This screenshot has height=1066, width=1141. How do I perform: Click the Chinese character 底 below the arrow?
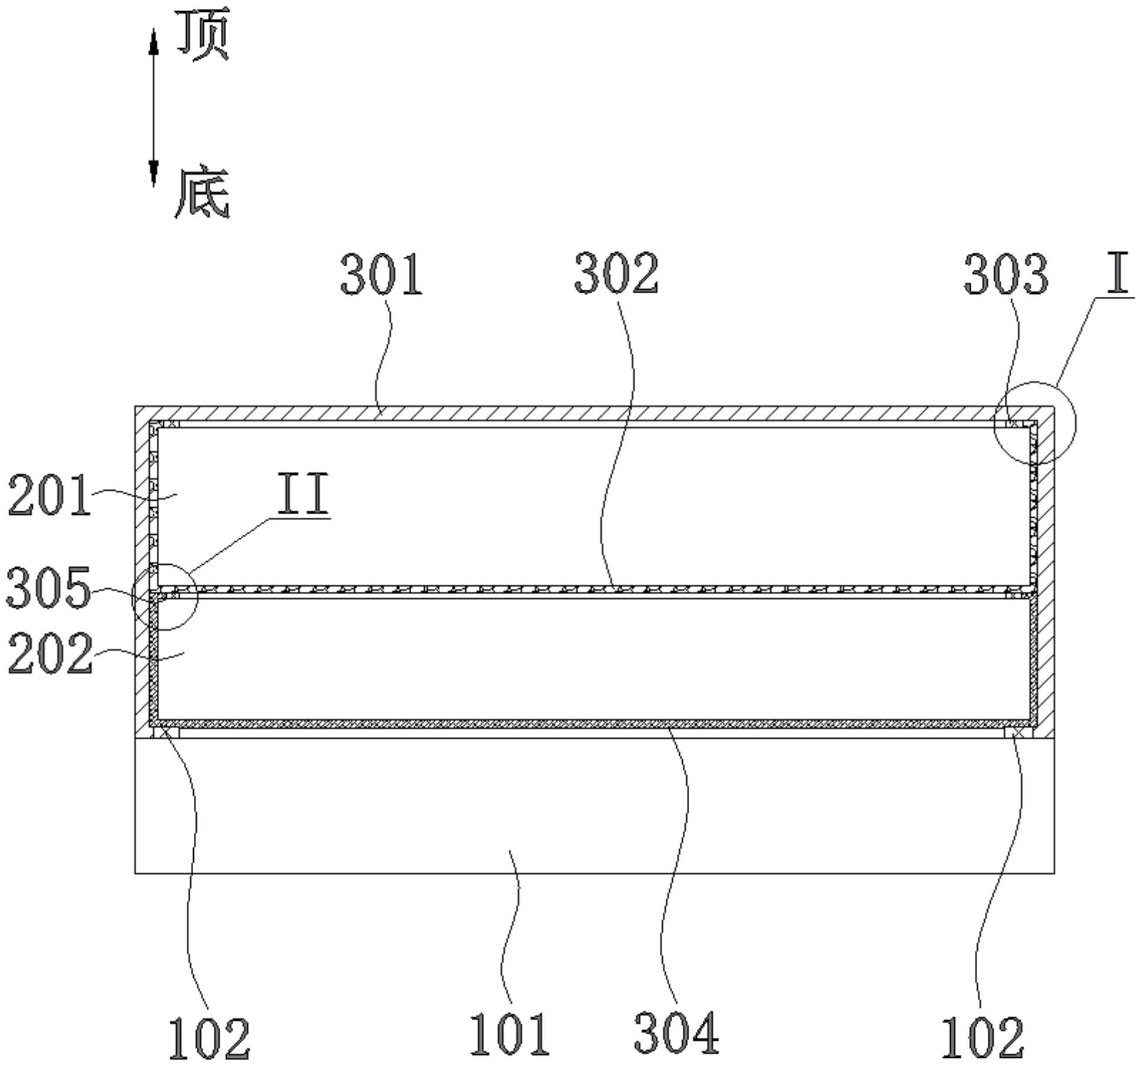[x=202, y=193]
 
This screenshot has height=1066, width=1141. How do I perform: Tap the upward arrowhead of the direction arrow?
[x=154, y=42]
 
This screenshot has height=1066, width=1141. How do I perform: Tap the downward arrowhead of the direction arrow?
[x=154, y=173]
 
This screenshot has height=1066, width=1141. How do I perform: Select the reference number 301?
[x=382, y=274]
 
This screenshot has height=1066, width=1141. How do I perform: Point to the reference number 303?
[x=1006, y=274]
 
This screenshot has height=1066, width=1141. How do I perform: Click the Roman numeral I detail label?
[x=1117, y=273]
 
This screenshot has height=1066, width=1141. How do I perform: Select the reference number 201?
[x=49, y=496]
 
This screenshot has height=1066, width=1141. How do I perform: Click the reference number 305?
[x=49, y=587]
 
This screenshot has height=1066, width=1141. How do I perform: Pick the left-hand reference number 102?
[x=209, y=1038]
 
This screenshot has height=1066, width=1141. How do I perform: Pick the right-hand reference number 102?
[x=983, y=1038]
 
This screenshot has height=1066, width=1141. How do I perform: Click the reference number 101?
[x=510, y=1034]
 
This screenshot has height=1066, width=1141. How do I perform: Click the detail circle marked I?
[x=1035, y=423]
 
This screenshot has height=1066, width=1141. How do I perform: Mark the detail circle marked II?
[x=166, y=596]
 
